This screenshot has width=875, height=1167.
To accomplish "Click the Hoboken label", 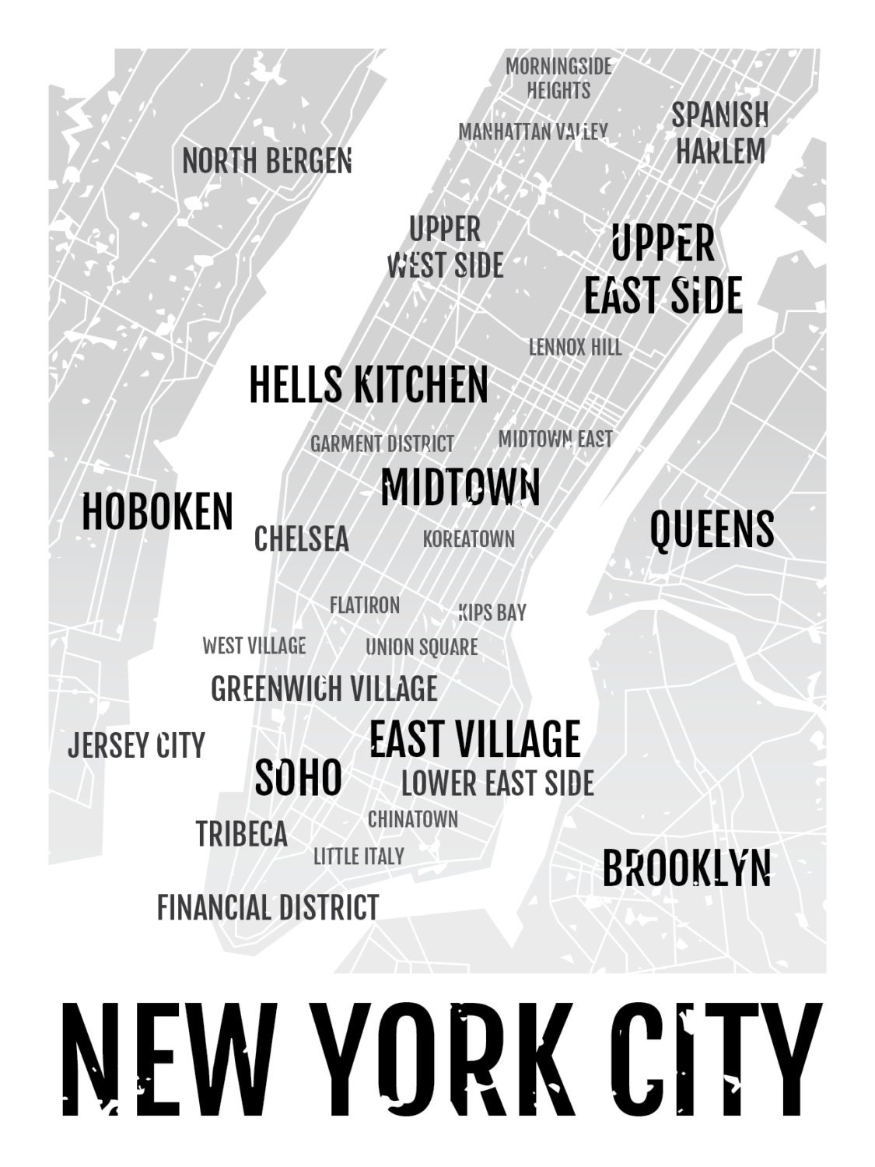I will tap(157, 512).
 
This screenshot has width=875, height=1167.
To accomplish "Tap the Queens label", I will tap(712, 530).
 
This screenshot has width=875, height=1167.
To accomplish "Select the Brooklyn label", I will tap(687, 868).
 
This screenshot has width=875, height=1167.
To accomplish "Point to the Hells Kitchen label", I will tap(369, 384).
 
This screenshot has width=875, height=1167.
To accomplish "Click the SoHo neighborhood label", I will tap(299, 777).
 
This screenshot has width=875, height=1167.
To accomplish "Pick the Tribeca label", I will tap(242, 834).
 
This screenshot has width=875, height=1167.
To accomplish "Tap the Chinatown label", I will tap(413, 819).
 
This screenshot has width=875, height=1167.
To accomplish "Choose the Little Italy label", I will tap(359, 857).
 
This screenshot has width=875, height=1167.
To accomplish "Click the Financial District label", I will tap(268, 907).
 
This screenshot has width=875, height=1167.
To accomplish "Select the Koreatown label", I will tap(469, 538).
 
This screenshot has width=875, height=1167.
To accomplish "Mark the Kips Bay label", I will tap(492, 612).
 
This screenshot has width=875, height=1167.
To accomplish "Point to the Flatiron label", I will tap(365, 605).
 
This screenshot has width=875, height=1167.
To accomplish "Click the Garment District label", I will tap(382, 444).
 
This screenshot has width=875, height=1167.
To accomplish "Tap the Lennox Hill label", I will tap(576, 347).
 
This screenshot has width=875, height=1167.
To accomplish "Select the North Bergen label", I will tap(267, 161).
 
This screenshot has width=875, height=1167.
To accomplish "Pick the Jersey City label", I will tap(136, 745).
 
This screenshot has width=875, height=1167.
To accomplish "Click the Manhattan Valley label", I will tap(533, 132).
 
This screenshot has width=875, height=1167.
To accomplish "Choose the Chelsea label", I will tap(302, 538).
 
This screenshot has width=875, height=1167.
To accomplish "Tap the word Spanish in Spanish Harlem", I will tap(720, 115).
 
